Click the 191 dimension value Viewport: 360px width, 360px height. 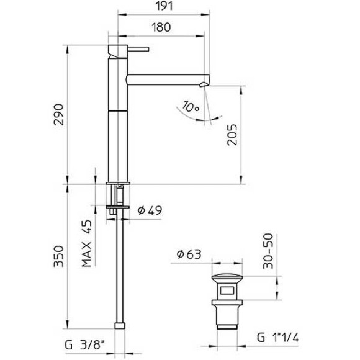(163, 8)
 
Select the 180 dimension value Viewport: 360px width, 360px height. (160, 28)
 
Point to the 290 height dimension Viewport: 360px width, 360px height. (58, 115)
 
